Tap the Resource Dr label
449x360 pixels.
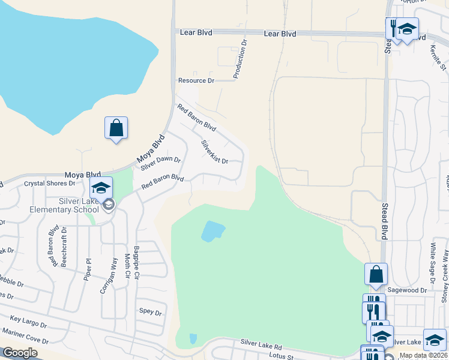coord(196,80)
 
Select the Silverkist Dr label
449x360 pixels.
coord(214,152)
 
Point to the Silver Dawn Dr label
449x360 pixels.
coord(160,163)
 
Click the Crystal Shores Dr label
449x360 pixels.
coord(50,183)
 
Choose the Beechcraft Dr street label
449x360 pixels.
coord(64,247)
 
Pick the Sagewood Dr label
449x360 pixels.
coord(406,290)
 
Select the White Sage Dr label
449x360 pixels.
coord(432,264)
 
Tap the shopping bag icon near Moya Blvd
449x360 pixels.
coord(116,128)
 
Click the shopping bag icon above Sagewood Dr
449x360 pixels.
coord(376,274)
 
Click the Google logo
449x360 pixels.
coord(20,353)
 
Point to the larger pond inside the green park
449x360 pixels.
coord(212,230)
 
